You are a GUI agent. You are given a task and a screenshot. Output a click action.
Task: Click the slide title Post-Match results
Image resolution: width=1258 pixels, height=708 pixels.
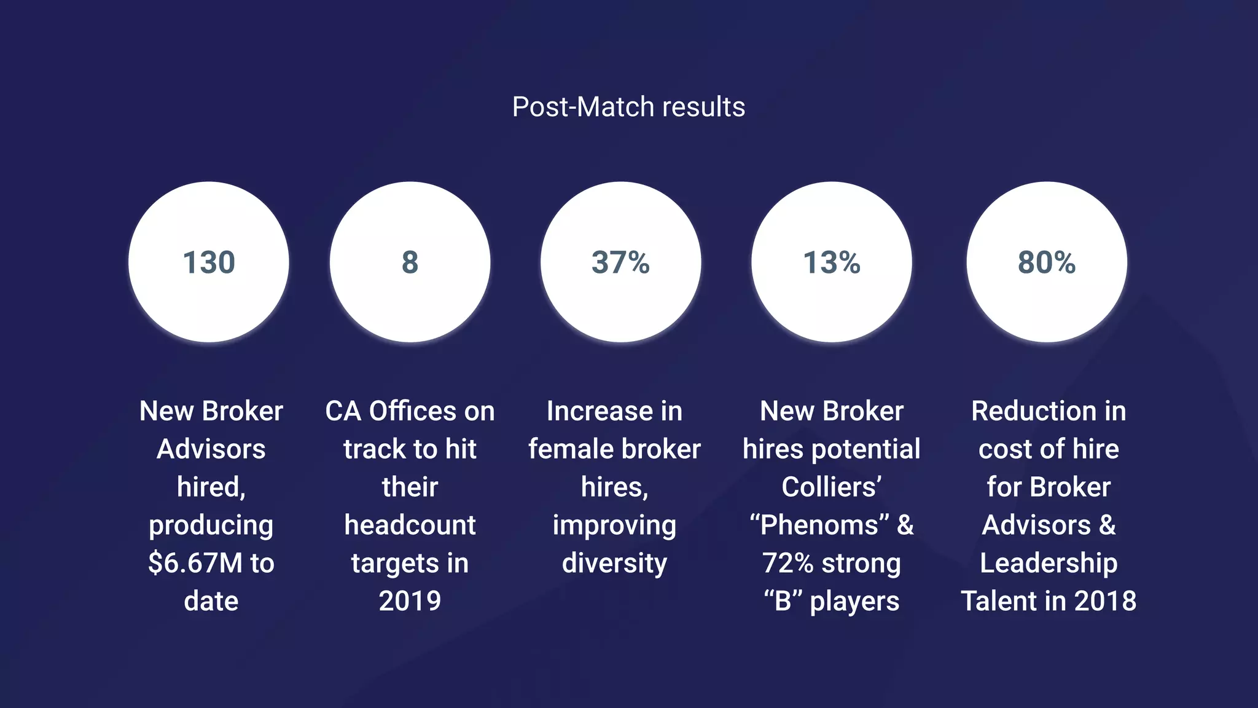click(x=628, y=107)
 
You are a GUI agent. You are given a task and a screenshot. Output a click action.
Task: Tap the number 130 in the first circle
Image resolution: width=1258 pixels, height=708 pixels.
click(x=209, y=262)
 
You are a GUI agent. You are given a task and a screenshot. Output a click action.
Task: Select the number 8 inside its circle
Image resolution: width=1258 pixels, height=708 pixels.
click(x=410, y=262)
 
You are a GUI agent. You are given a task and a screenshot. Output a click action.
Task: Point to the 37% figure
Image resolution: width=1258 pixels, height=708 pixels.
click(x=620, y=262)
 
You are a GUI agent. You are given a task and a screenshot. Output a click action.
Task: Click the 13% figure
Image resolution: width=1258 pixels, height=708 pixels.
click(x=832, y=262)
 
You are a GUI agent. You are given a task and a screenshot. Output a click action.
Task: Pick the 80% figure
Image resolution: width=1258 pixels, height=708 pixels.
click(x=1047, y=262)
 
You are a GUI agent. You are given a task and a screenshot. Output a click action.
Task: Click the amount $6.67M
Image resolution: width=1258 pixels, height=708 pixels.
click(x=195, y=563)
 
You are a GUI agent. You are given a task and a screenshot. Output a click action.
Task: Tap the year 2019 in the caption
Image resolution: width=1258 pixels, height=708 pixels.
click(x=410, y=601)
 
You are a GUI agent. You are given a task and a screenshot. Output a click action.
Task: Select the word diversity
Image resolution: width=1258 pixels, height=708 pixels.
click(x=614, y=563)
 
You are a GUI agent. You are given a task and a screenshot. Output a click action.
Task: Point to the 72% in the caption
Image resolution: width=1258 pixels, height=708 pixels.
click(x=788, y=563)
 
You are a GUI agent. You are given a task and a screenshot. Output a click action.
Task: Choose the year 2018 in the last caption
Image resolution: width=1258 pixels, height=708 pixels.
click(x=1105, y=601)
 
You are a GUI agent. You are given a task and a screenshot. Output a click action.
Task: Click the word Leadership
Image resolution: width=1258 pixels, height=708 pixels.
click(x=1049, y=563)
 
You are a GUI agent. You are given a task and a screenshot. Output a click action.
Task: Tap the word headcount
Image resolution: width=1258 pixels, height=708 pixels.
click(x=410, y=525)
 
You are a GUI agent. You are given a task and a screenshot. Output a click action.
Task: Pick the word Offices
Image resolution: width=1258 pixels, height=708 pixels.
click(x=408, y=411)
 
